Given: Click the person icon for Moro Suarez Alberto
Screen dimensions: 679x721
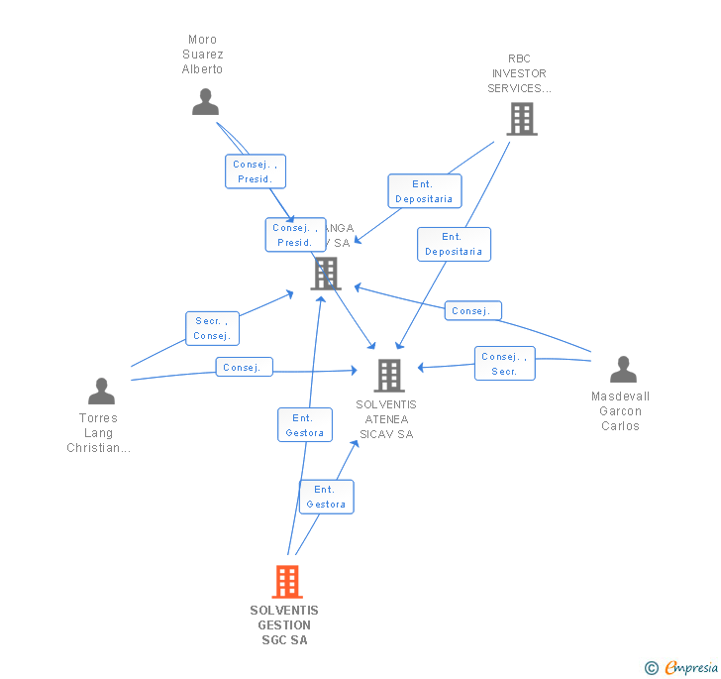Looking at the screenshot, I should [x=205, y=102].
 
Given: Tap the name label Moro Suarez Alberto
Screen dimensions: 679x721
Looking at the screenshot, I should [x=202, y=56].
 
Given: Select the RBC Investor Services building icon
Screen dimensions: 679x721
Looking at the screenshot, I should [x=521, y=119].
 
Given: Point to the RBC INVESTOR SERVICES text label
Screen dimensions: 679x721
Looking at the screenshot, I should [x=519, y=73].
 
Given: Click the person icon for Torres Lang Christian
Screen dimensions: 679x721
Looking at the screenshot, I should [x=101, y=392].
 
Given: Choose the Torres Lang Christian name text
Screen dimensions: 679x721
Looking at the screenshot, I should [x=98, y=433].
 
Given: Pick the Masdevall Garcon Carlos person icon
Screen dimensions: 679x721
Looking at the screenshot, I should [x=623, y=370].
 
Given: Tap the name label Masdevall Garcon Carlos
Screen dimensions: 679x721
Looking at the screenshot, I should [x=620, y=411].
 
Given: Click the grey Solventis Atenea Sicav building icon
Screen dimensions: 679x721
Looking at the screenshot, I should [x=388, y=376].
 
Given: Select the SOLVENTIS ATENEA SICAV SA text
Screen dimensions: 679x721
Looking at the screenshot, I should [x=386, y=419].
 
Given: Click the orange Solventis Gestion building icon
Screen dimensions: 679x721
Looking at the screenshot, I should [x=287, y=582].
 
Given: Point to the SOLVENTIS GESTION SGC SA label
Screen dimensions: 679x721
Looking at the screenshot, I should [x=284, y=625].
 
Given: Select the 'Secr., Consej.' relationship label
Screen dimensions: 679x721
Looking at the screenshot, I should [x=212, y=328].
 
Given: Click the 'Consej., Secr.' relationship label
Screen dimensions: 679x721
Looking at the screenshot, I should [x=504, y=364].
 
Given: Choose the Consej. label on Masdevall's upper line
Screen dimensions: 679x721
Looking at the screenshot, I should [x=472, y=310].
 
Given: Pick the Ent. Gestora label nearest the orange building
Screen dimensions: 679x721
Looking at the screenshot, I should [x=326, y=497].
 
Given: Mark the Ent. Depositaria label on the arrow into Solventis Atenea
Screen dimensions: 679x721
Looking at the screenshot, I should [x=453, y=244].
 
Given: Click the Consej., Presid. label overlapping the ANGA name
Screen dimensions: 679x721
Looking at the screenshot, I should [x=295, y=235].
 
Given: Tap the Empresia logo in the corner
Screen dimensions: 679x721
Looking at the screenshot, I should [x=683, y=667].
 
